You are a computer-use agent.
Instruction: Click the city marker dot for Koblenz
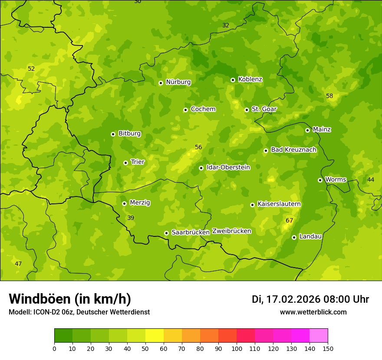[233, 80]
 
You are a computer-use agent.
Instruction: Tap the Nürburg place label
[178, 82]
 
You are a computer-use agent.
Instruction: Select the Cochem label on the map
[203, 109]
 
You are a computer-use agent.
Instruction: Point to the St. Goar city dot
[247, 110]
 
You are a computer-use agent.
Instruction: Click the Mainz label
[322, 129]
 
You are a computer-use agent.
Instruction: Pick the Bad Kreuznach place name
[293, 150]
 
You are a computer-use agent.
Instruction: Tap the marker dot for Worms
[320, 180]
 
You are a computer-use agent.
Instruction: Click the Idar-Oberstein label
[228, 167]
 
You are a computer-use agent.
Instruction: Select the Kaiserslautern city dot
[252, 205]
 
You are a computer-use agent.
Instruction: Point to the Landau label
[310, 236]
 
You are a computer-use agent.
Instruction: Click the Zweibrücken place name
[231, 231]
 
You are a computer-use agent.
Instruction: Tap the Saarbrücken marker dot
[166, 233]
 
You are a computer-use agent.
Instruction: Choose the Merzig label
[140, 203]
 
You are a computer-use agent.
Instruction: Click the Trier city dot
[125, 163]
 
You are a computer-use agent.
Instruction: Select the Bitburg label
[129, 134]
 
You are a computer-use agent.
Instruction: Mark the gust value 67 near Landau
[289, 221]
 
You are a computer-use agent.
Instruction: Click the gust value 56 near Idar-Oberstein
[198, 147]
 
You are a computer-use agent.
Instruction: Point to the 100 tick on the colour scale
[237, 348]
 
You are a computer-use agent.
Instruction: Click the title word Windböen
[40, 299]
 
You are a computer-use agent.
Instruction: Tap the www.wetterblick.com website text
[313, 312]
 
